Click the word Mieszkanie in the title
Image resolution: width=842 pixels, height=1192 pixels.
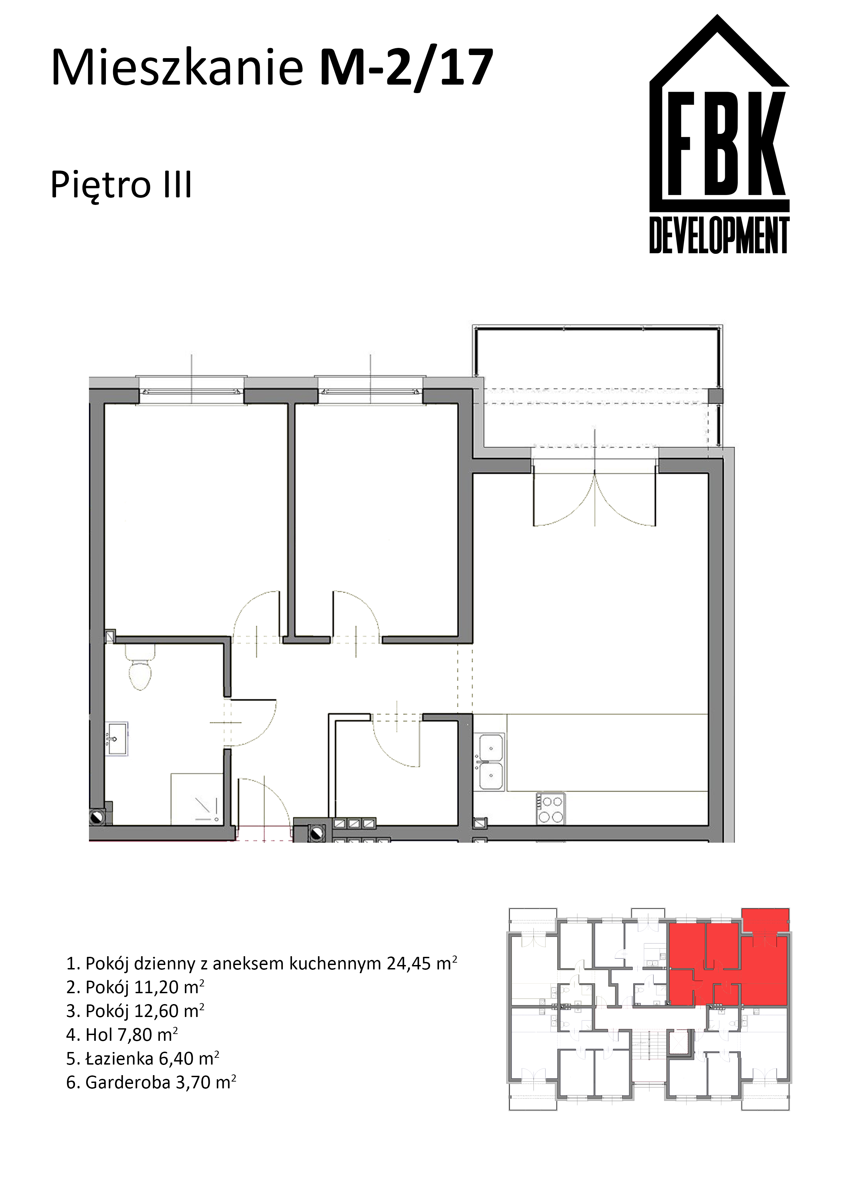tap(177, 68)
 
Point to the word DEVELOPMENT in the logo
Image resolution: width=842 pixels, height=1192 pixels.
tap(719, 236)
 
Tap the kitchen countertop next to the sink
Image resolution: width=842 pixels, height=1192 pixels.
tap(607, 753)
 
